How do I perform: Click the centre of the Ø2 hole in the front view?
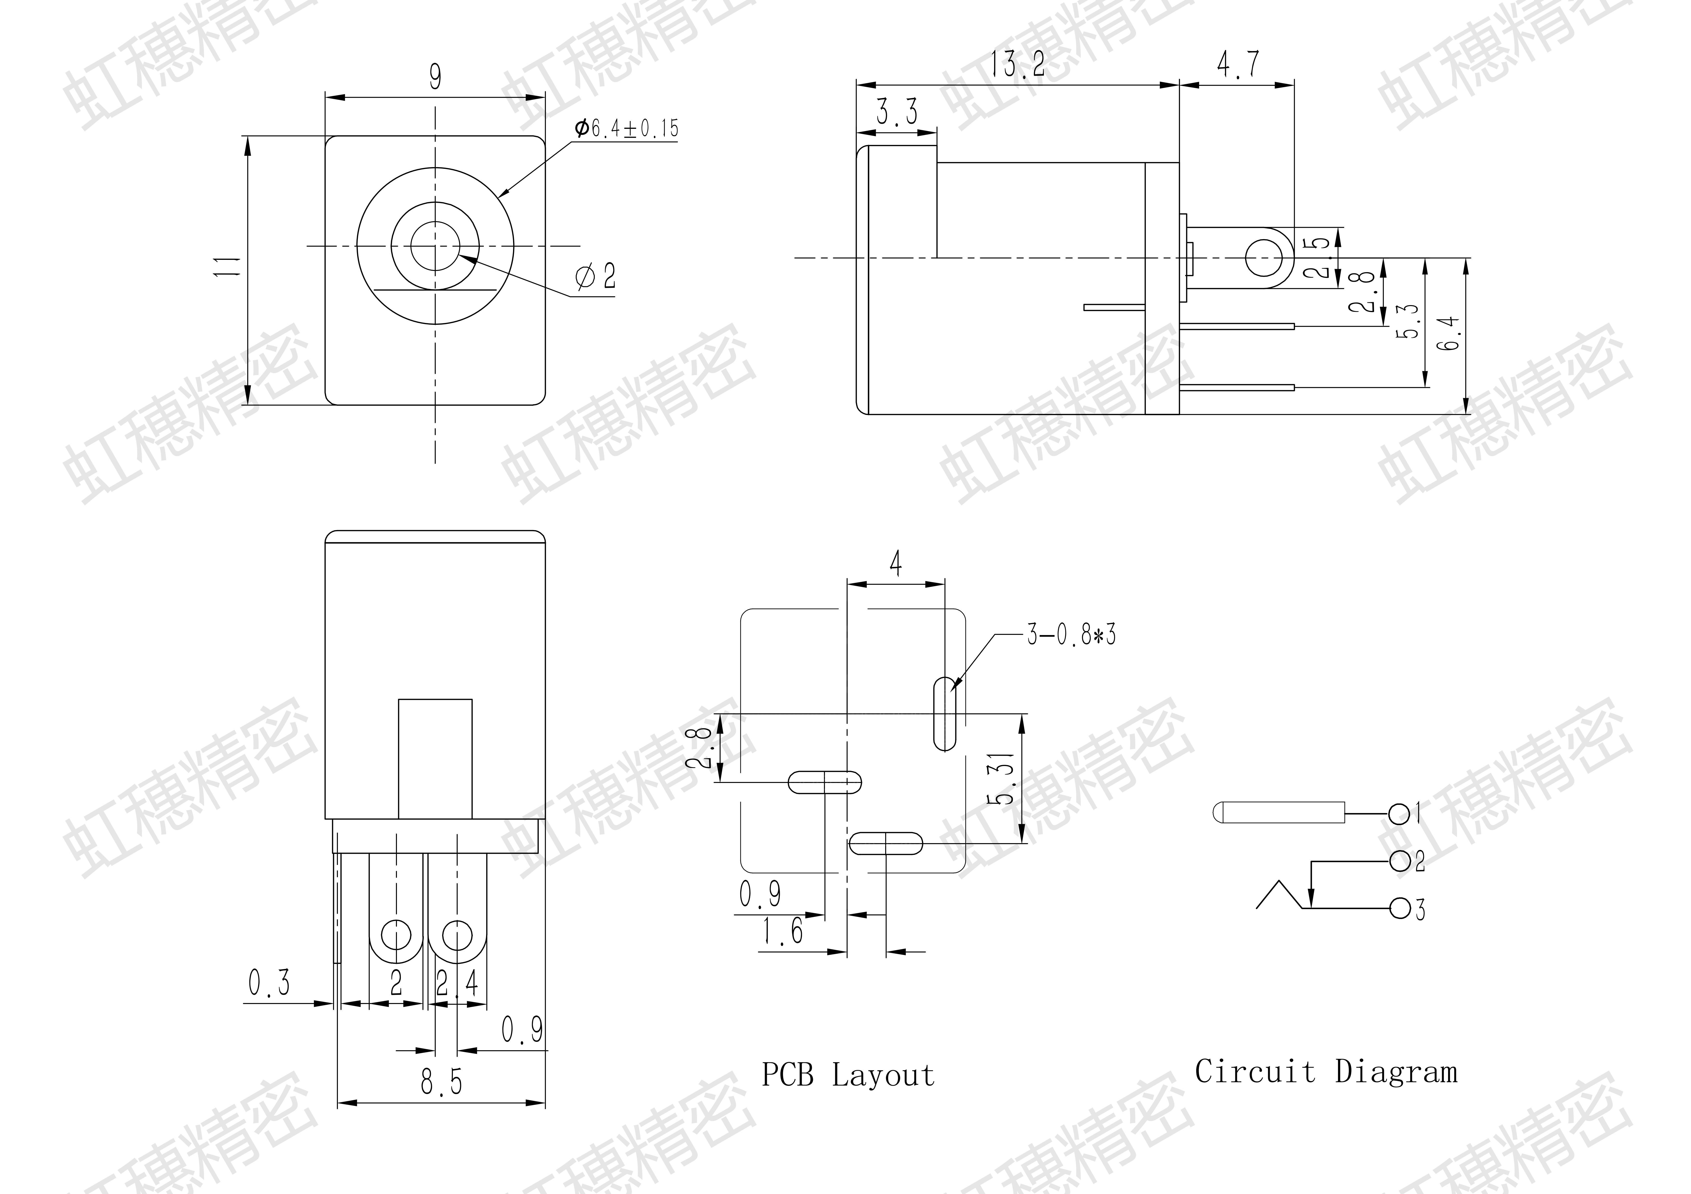[x=434, y=246]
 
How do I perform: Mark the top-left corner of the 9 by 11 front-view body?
[x=326, y=136]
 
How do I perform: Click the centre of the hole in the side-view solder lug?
[x=1263, y=258]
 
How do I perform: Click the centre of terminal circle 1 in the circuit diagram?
[x=1399, y=814]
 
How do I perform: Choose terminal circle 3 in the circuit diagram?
[x=1399, y=908]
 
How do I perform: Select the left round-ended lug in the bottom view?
[x=396, y=908]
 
